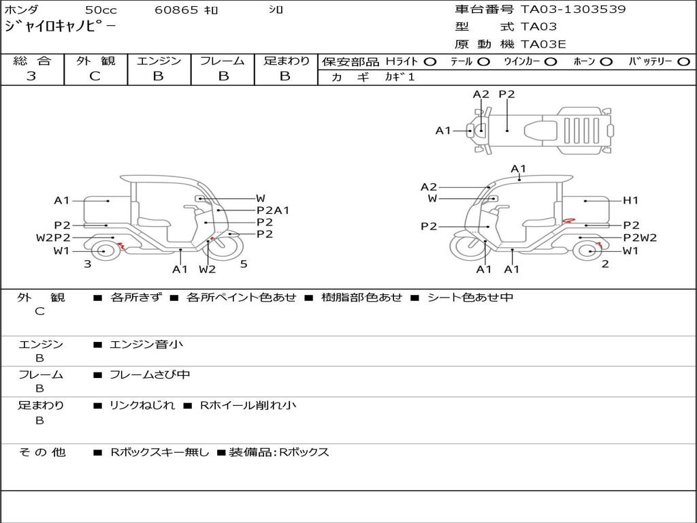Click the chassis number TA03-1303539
click(572, 10)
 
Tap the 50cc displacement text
click(100, 10)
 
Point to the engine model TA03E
click(543, 45)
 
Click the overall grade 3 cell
click(31, 76)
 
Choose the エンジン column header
click(159, 61)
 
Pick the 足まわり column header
click(286, 61)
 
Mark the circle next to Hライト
click(430, 62)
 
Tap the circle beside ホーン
click(606, 62)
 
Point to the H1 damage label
click(631, 200)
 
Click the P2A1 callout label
click(273, 210)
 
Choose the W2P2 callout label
click(53, 238)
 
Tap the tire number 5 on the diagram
click(244, 264)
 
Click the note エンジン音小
click(146, 345)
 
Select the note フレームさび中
click(150, 375)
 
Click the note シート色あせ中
click(469, 298)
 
